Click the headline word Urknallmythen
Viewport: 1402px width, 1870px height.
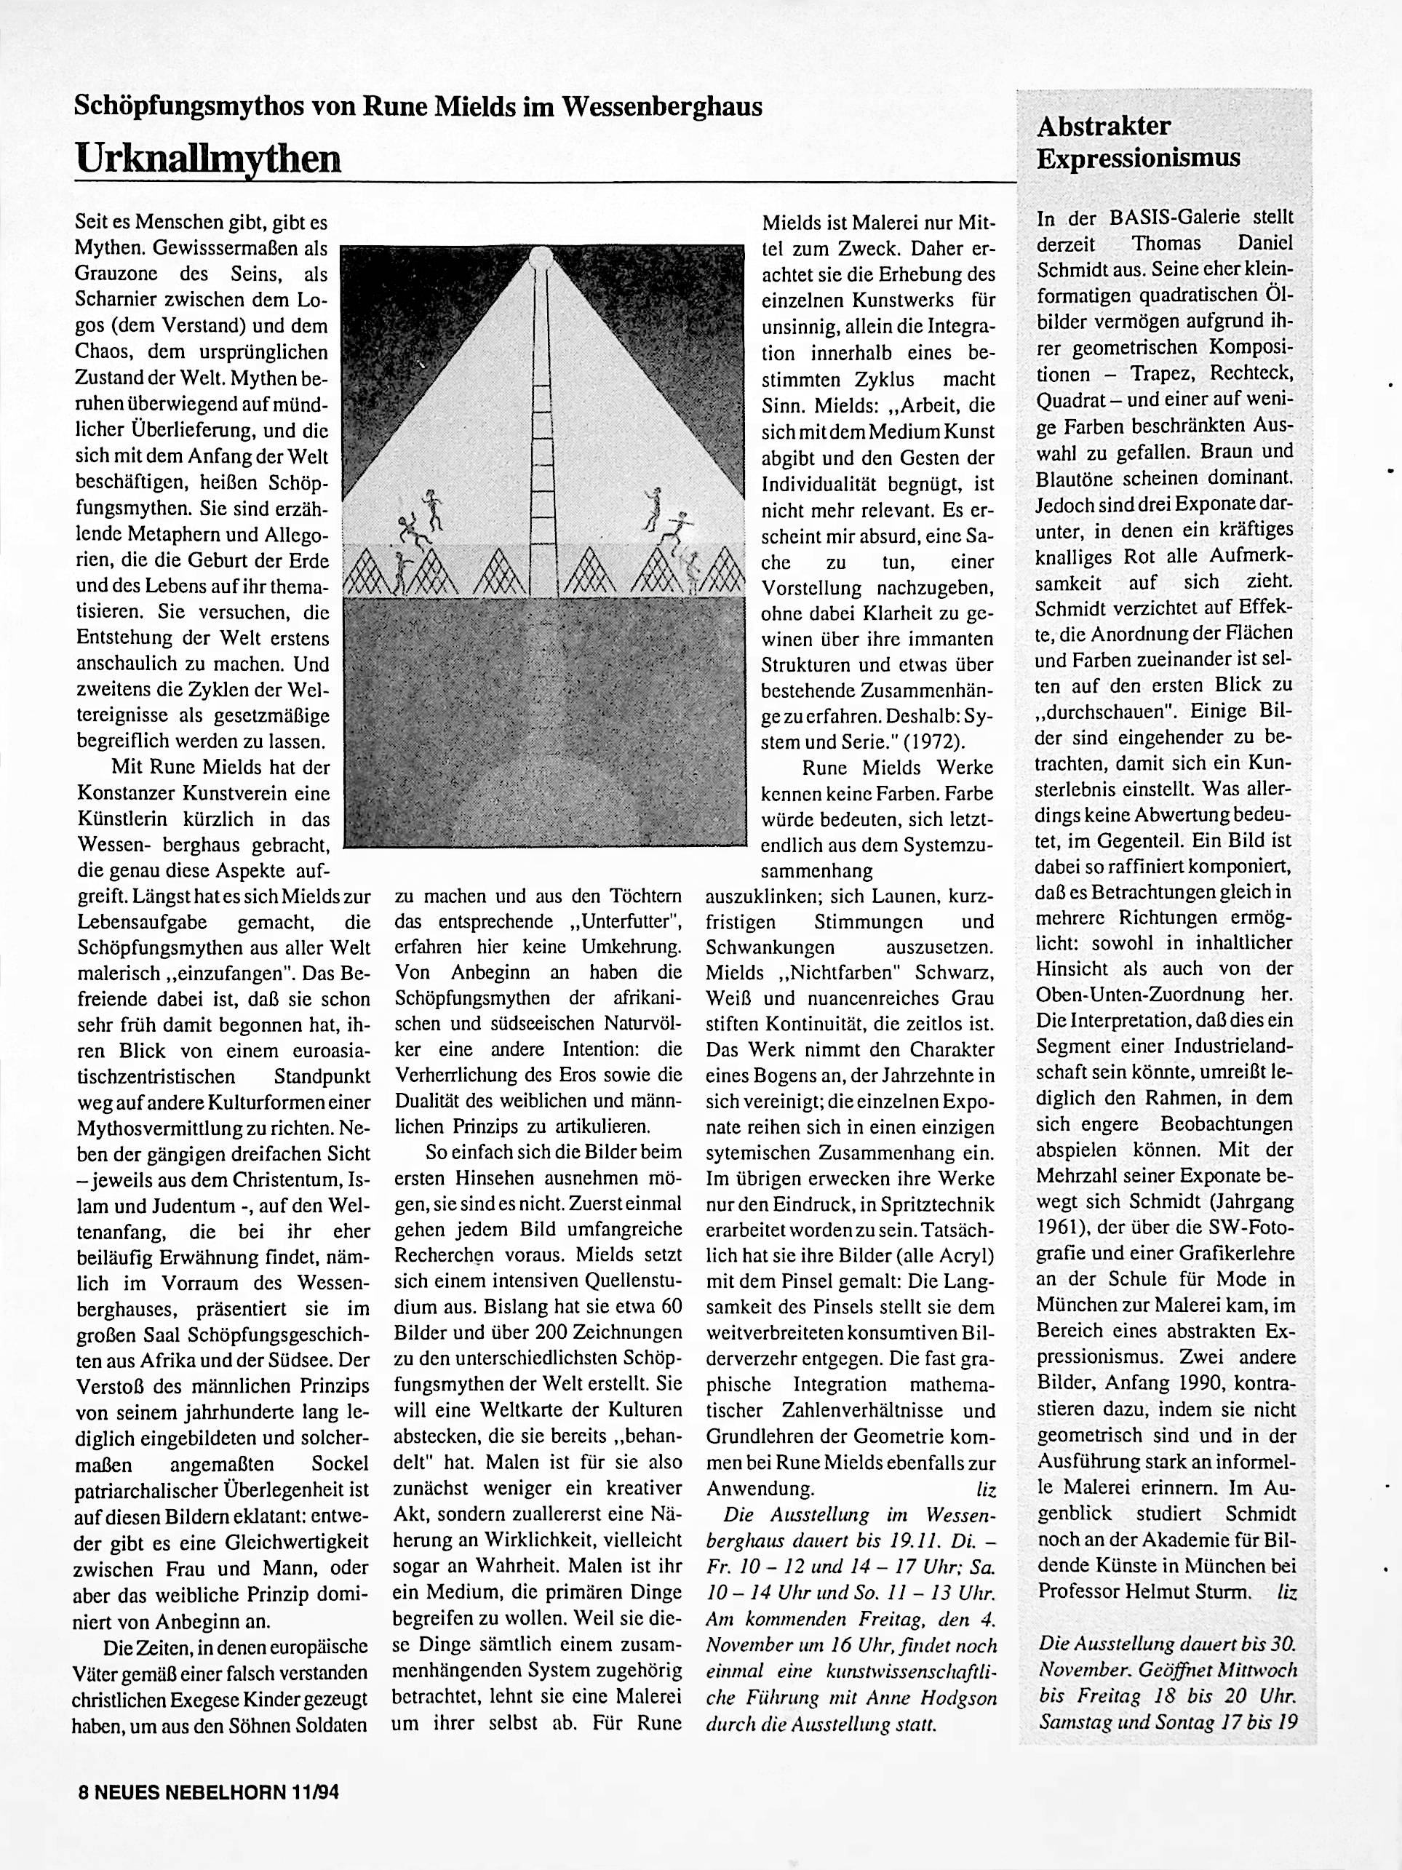(x=208, y=158)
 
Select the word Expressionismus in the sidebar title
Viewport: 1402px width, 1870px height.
(x=1139, y=158)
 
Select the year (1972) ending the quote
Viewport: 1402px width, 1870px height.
(x=935, y=741)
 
